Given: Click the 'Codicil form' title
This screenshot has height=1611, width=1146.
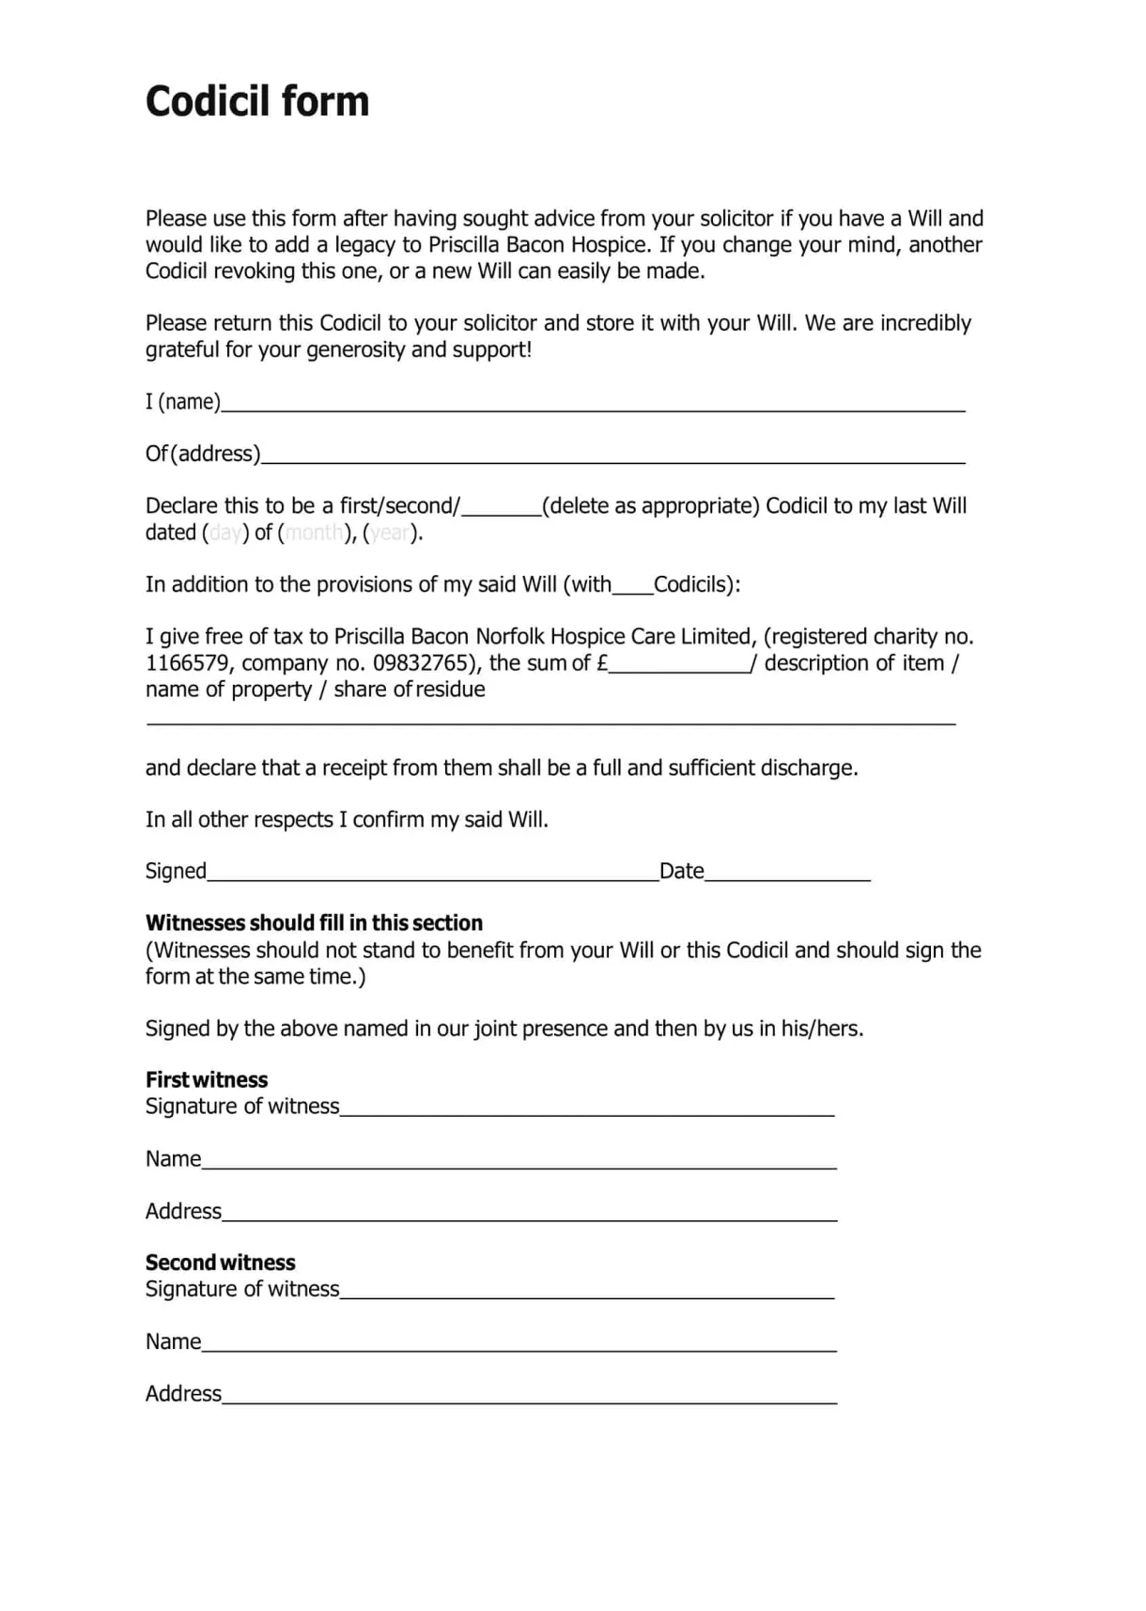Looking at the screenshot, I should click(257, 101).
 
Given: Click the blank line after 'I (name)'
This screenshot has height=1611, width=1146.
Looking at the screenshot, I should click(592, 404).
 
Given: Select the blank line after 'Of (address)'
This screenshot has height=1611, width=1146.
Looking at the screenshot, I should click(612, 456).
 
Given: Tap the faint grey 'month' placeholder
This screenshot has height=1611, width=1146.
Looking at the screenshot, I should click(314, 533).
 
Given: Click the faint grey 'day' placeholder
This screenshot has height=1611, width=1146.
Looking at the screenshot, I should click(225, 533).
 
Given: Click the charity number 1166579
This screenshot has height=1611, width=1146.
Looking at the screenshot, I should click(187, 663).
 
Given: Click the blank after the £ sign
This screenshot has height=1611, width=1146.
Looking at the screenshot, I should click(679, 665).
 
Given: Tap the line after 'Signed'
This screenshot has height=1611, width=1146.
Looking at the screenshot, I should click(432, 874).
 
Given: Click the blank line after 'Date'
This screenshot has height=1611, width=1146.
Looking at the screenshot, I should click(787, 874).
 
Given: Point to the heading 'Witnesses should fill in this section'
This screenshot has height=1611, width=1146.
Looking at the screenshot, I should click(314, 922).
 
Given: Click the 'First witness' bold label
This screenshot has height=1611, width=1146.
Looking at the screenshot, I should click(207, 1079).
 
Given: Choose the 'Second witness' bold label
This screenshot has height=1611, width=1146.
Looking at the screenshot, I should click(220, 1262).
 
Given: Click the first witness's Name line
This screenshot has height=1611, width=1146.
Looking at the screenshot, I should click(519, 1161).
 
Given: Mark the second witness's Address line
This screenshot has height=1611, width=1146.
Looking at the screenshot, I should click(529, 1396).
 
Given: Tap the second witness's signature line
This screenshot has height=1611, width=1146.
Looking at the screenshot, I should click(587, 1292).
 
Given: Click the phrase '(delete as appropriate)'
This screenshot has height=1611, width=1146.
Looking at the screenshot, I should click(650, 506).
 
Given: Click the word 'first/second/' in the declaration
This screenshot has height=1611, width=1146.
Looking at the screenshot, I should click(399, 506).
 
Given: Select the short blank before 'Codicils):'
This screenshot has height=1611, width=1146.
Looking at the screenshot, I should click(632, 587).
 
